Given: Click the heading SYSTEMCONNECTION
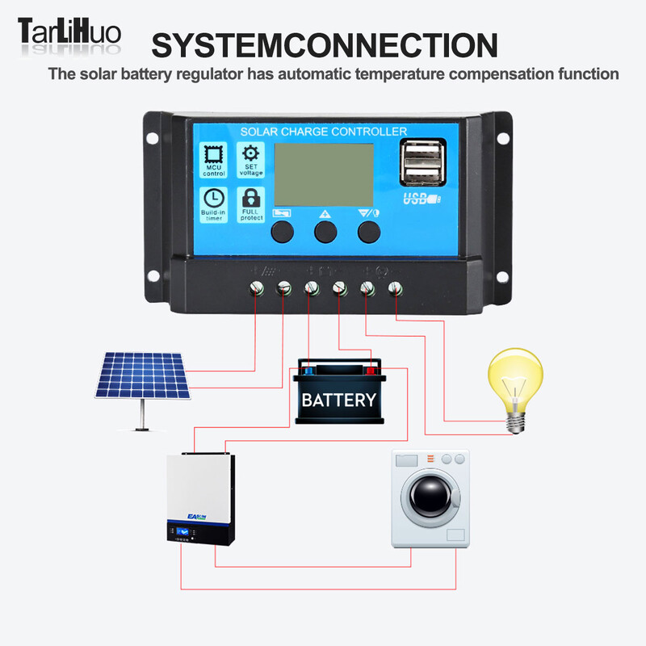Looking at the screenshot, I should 324,45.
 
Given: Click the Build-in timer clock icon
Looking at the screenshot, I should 214,199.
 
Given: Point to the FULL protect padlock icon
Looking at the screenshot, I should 251,199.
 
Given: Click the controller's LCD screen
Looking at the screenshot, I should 324,174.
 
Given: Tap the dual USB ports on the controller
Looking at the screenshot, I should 422,161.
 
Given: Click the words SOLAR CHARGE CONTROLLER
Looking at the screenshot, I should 324,131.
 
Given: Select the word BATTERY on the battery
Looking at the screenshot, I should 338,400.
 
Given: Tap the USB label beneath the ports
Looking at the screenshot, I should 422,199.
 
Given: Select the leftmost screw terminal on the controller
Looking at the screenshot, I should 258,288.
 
